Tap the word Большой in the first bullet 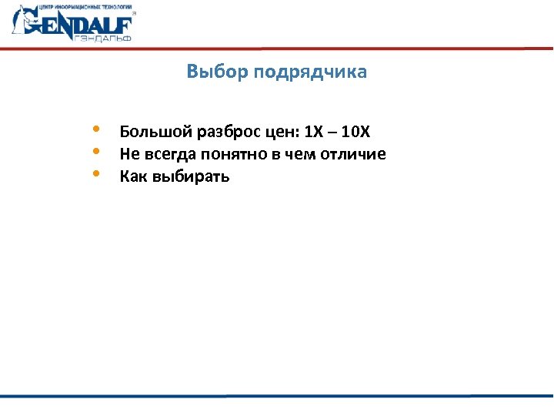148,132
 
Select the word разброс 215,133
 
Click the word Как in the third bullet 132,176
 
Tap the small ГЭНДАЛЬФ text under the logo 105,38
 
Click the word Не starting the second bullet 128,154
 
